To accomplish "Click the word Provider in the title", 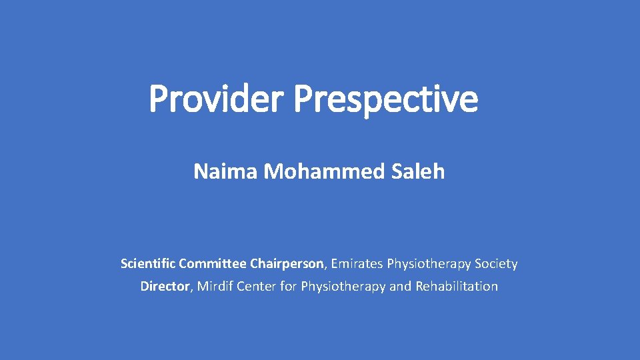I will (x=218, y=99).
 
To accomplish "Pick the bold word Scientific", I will (x=147, y=264).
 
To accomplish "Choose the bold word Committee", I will (x=211, y=264).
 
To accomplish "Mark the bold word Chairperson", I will (x=287, y=264).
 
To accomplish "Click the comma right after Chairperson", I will (x=326, y=267).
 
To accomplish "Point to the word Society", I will (x=496, y=265).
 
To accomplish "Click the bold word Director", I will (x=164, y=287).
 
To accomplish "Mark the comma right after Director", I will (x=191, y=290).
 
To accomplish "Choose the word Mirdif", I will (x=213, y=287).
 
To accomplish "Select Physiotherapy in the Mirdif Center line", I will (x=342, y=287).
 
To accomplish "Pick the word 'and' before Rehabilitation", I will (x=400, y=287).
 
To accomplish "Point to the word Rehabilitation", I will (x=457, y=287).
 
